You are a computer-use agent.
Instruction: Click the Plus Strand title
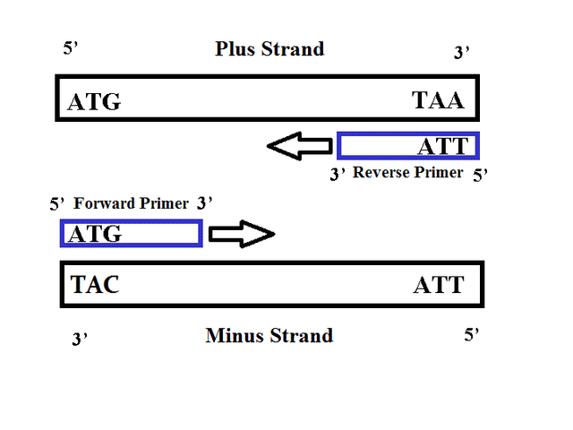(269, 49)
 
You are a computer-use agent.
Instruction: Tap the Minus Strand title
(269, 335)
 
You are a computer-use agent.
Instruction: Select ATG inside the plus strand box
(94, 101)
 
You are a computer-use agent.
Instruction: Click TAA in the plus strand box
(438, 99)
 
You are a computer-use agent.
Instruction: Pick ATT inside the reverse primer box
(443, 146)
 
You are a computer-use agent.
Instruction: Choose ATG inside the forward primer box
(95, 234)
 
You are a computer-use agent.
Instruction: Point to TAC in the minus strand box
(95, 285)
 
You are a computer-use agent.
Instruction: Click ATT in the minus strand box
(439, 285)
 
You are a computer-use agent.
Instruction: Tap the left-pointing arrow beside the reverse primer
(300, 146)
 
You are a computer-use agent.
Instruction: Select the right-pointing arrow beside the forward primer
(242, 234)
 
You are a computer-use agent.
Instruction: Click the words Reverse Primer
(408, 173)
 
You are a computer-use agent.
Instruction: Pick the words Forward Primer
(132, 203)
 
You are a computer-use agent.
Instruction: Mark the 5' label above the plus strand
(71, 47)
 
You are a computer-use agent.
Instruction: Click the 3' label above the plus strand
(462, 52)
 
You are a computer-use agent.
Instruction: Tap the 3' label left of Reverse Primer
(338, 174)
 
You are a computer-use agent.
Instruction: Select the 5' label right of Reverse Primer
(480, 176)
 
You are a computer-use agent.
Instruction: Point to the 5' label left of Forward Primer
(57, 203)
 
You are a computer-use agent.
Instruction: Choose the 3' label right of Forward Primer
(205, 203)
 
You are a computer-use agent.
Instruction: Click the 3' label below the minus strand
(80, 339)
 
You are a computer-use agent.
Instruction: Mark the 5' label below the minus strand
(472, 334)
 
